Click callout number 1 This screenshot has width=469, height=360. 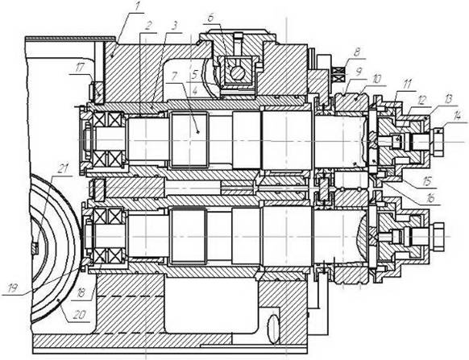pos(138,7)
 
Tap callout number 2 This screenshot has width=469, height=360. pos(147,27)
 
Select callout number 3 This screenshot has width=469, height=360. pos(175,27)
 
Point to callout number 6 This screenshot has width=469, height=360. pos(210,18)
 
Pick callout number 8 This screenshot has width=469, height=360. pos(357,52)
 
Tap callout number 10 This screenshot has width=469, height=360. pos(377,79)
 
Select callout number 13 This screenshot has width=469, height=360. pos(448,100)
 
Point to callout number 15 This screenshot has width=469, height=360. pos(428,182)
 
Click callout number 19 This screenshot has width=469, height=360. pos(13,288)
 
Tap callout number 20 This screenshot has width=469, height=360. pos(80,315)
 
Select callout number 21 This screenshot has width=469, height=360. pos(62,169)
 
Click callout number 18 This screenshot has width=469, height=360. pos(81,293)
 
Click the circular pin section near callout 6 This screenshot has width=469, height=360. pos(238,73)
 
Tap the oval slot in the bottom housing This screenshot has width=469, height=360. pos(274,329)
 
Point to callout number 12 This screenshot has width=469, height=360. pos(421,101)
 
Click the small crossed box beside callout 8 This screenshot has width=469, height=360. pos(339,74)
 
